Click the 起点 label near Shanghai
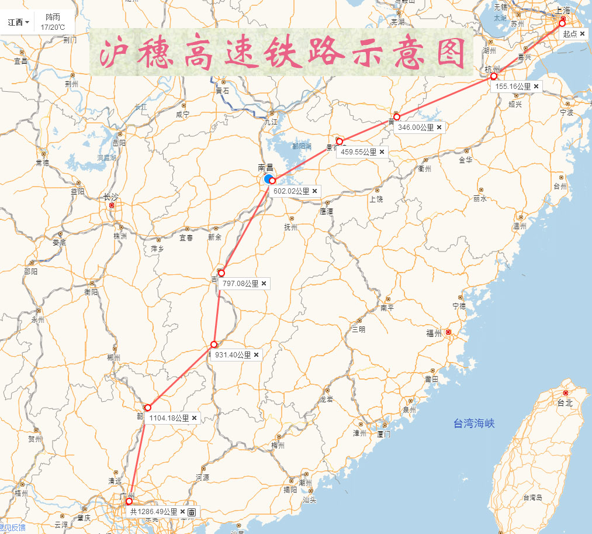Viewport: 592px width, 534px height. (x=570, y=34)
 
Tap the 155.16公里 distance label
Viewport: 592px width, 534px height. (x=513, y=87)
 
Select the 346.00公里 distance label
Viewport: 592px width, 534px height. (x=416, y=127)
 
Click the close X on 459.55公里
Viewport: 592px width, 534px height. (x=382, y=151)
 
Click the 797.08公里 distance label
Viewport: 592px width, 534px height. (x=240, y=283)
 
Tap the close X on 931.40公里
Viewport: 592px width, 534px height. (x=256, y=354)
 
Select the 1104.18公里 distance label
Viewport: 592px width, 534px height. (x=169, y=418)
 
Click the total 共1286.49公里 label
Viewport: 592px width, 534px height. (x=153, y=512)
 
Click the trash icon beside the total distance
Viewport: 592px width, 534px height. (x=192, y=512)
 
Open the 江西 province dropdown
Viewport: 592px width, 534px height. (x=18, y=22)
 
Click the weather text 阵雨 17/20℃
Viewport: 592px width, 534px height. (x=53, y=22)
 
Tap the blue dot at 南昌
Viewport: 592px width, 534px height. (x=268, y=178)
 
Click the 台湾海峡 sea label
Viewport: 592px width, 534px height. (x=474, y=423)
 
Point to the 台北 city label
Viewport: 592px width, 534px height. (x=565, y=403)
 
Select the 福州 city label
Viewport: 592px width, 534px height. (x=434, y=333)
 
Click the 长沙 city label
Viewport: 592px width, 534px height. (x=110, y=197)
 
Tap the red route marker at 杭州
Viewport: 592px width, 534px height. (x=494, y=77)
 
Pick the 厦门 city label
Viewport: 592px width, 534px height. (x=383, y=434)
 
